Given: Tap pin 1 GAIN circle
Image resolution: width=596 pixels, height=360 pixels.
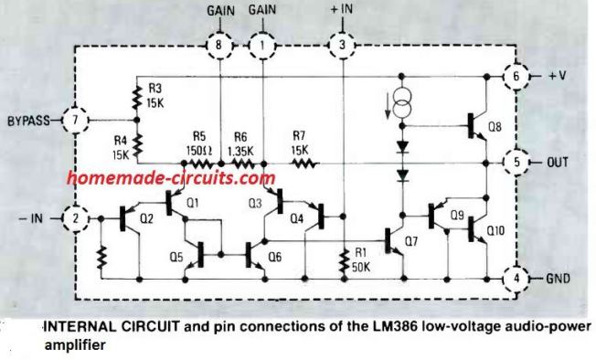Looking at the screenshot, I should [263, 43].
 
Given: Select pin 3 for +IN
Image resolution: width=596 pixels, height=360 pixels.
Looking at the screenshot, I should [342, 43].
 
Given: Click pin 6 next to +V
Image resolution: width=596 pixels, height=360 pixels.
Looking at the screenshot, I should [516, 77].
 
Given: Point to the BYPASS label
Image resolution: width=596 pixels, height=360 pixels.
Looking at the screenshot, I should [30, 120].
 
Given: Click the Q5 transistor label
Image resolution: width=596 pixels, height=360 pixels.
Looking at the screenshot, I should [175, 256].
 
